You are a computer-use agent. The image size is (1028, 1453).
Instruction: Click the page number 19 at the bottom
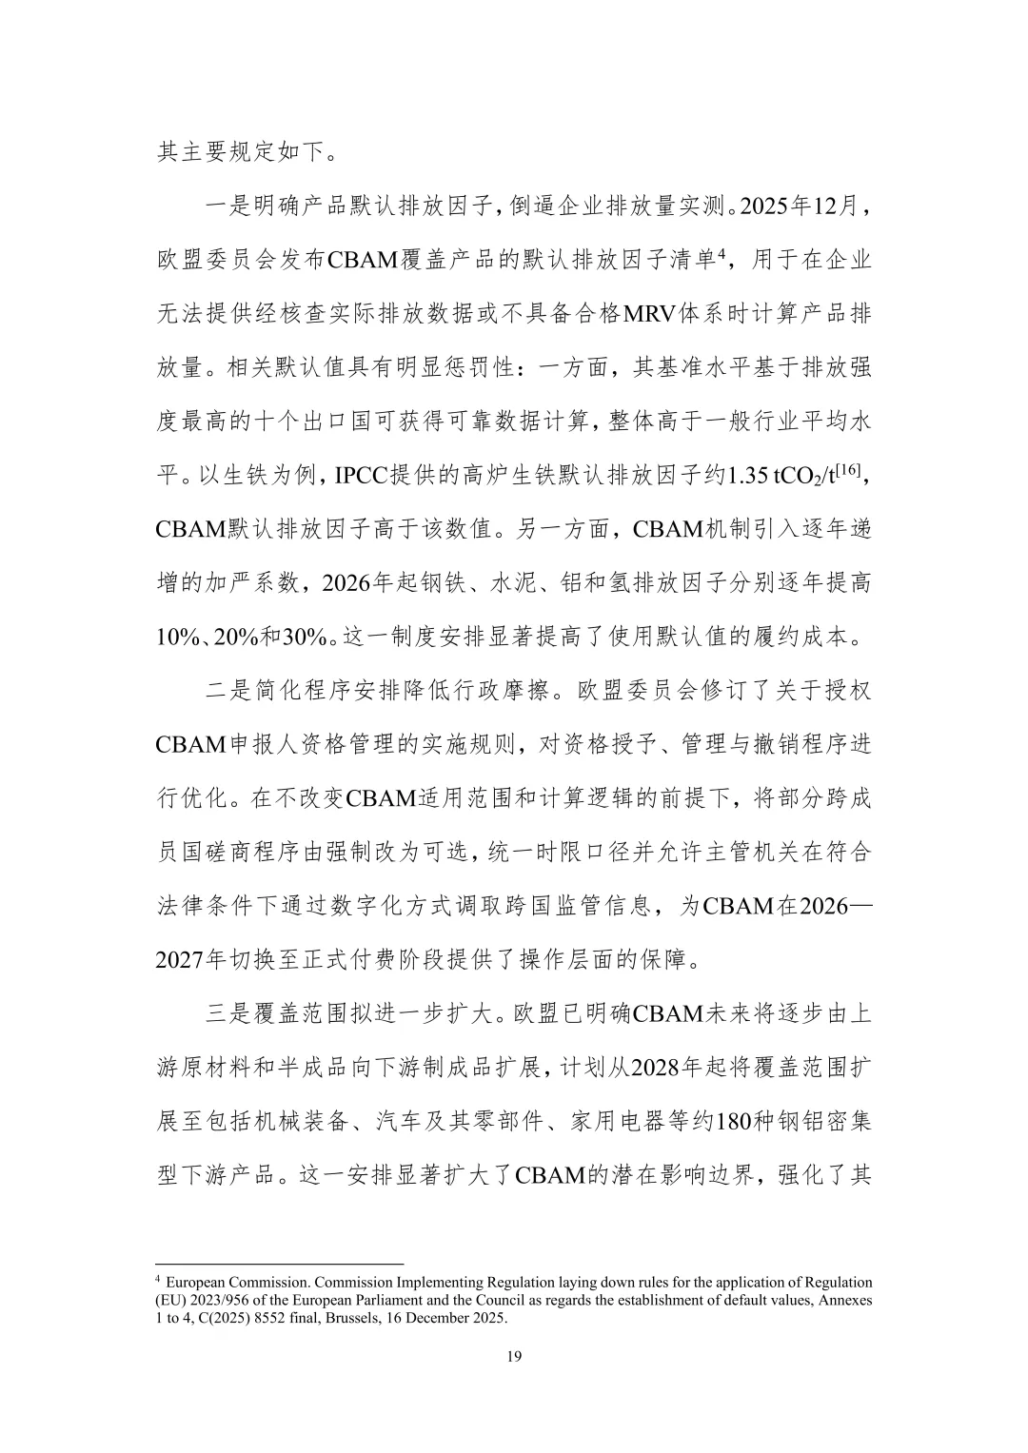point(514,1356)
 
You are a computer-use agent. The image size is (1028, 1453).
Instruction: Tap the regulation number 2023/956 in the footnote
point(217,1300)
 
